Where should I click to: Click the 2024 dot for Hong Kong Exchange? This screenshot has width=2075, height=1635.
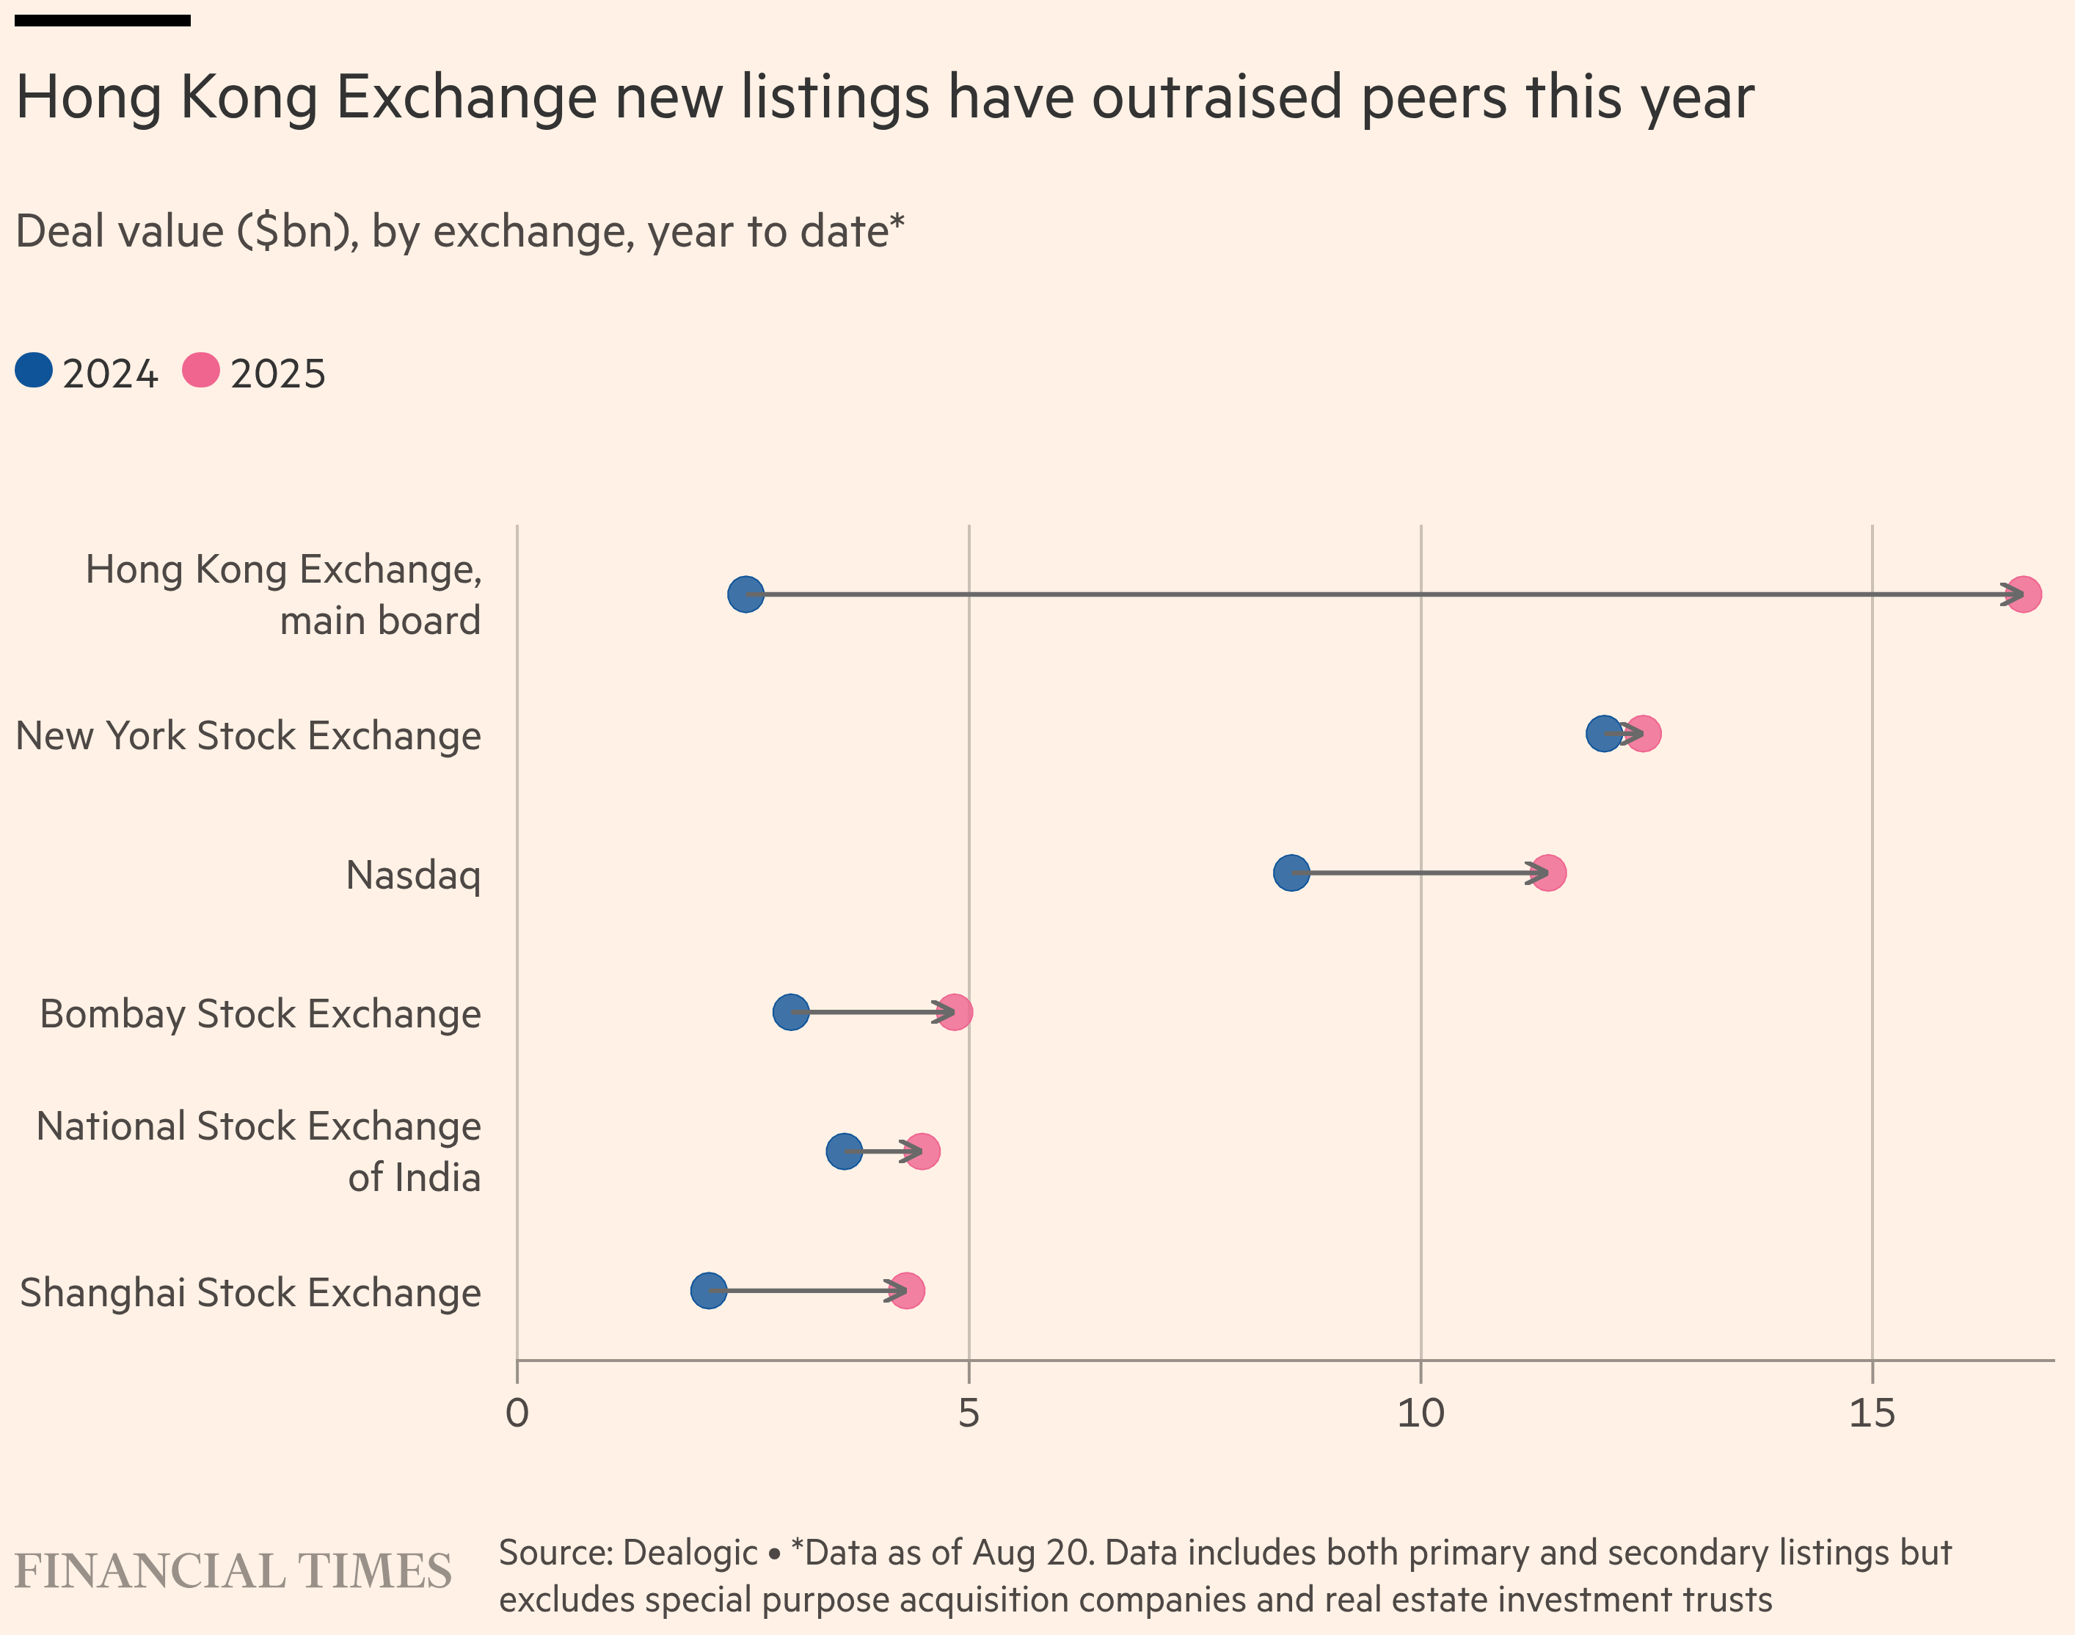(x=745, y=594)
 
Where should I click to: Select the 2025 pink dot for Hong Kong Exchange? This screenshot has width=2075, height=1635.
(x=2022, y=594)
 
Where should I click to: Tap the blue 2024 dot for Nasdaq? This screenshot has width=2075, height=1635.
(x=1291, y=873)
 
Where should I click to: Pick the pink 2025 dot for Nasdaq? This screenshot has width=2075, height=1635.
(x=1547, y=873)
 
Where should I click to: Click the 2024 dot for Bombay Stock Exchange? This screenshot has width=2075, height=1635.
(x=790, y=1012)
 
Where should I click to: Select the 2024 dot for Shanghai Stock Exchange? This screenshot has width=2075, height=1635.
(x=708, y=1290)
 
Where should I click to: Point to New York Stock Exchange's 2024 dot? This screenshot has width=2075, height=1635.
(x=1603, y=735)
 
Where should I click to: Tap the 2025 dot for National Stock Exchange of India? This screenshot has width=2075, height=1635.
(x=922, y=1151)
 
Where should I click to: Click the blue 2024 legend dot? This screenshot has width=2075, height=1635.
(x=34, y=371)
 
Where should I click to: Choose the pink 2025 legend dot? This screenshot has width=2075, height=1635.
(x=201, y=371)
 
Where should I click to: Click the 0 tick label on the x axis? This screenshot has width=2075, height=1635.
(x=517, y=1413)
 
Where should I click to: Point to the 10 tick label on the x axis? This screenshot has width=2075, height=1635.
(x=1421, y=1413)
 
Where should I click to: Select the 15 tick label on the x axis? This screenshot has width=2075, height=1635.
(x=1872, y=1413)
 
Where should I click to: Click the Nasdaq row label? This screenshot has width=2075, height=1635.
(x=414, y=875)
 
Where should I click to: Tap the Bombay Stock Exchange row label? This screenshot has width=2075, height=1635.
(x=260, y=1013)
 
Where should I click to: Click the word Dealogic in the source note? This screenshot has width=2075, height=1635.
(x=690, y=1553)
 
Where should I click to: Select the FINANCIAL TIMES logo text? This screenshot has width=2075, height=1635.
(x=233, y=1571)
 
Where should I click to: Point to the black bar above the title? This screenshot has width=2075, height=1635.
(x=103, y=20)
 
